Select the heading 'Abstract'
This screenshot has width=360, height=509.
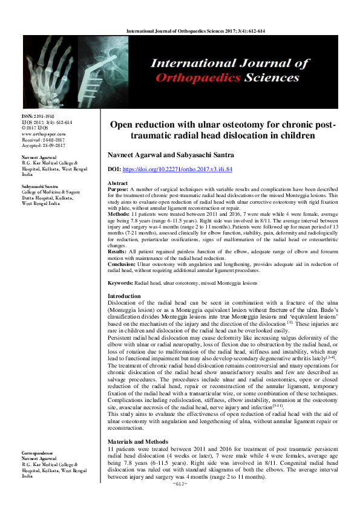(117, 183)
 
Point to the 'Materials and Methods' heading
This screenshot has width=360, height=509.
(136, 426)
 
